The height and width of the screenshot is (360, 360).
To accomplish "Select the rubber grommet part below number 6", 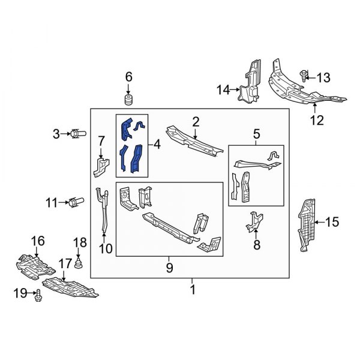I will (x=128, y=98).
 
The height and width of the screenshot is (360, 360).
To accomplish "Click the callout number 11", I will (x=52, y=203).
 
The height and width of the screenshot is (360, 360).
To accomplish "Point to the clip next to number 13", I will (x=305, y=76).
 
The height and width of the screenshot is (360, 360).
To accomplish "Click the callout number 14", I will (x=223, y=90).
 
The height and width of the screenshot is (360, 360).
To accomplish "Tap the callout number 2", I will (x=196, y=122).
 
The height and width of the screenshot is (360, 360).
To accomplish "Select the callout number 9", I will (x=169, y=266).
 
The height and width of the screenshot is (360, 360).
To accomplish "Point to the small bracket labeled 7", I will (x=99, y=166).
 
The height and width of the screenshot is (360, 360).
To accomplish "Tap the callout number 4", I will (x=157, y=145).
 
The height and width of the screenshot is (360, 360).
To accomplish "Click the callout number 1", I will (x=192, y=290).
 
